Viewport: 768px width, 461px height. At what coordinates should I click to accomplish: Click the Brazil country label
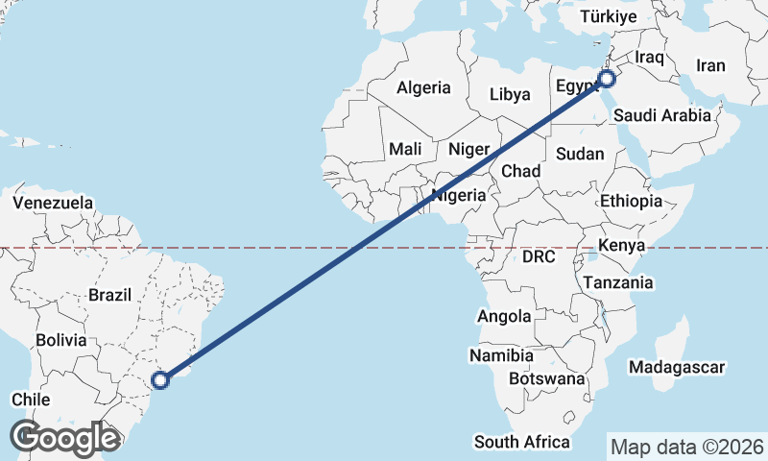coord(108,295)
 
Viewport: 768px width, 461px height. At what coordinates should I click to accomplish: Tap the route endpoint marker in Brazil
coord(161,380)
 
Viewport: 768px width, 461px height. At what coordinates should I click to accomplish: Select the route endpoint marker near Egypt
coord(607,79)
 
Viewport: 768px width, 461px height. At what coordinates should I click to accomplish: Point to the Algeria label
coord(423,87)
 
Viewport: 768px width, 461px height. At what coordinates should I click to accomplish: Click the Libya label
coord(510,94)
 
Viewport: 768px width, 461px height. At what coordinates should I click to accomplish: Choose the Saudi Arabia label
coord(662,115)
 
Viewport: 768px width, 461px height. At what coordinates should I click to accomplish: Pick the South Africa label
coord(522,442)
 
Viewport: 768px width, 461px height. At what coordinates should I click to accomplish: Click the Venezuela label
coord(53,203)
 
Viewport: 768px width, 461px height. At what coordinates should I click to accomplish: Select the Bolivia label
coord(61,340)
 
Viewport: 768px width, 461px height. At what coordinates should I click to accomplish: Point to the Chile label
coord(31,399)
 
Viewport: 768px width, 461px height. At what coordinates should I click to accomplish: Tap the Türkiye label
coord(611,17)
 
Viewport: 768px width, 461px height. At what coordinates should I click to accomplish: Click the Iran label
coord(710,65)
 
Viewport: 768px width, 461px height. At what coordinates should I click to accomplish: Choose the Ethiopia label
coord(631,201)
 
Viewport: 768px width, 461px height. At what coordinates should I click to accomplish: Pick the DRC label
coord(540,256)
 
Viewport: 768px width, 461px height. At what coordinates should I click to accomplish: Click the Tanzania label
coord(618,282)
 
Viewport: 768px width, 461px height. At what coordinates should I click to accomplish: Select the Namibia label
coord(501,355)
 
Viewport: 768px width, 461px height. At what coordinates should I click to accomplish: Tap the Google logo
coord(64,437)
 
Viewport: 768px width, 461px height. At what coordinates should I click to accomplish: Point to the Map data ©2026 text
coord(687,447)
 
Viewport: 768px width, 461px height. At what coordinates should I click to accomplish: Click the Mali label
coord(405,149)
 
